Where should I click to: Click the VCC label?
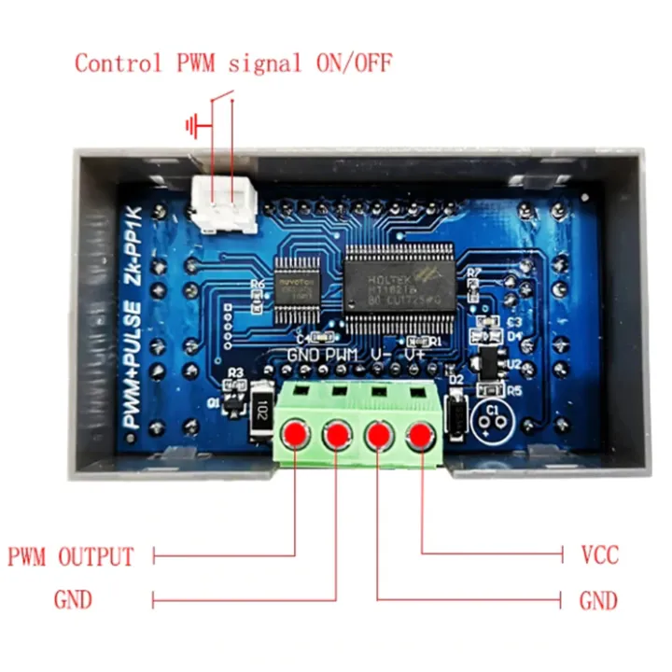[x=599, y=556]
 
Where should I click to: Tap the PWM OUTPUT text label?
[x=71, y=557]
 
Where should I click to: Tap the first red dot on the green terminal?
[x=296, y=433]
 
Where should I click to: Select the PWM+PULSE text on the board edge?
[x=134, y=365]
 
